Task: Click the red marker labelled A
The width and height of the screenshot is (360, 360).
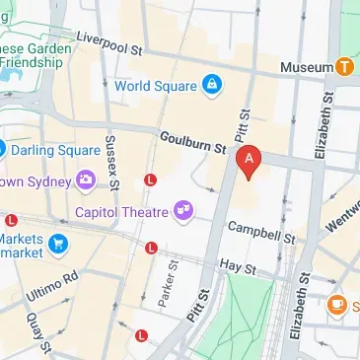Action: [x=251, y=160]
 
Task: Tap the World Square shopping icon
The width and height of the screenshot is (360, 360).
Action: [x=211, y=85]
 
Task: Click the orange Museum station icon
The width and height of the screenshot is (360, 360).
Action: [x=344, y=66]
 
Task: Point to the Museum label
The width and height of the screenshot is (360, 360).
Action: [x=306, y=66]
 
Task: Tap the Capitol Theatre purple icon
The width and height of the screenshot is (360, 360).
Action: [x=182, y=209]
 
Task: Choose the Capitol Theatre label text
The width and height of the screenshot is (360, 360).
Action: [x=121, y=210]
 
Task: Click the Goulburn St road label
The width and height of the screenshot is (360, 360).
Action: [x=193, y=143]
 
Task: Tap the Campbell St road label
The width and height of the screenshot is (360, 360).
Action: [x=261, y=232]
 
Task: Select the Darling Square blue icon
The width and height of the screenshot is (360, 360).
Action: [x=3, y=150]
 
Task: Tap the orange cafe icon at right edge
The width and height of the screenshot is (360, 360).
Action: [x=337, y=305]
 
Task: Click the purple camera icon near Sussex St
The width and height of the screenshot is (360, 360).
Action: [x=86, y=180]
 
